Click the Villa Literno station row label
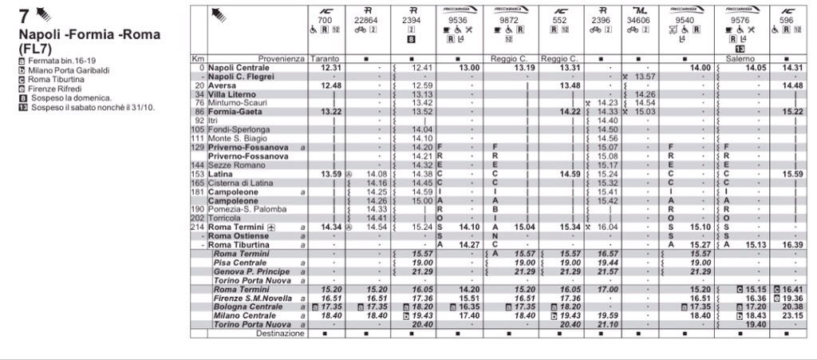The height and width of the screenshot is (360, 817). pos(231,94)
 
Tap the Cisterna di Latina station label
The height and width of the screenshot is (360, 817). pos(239,183)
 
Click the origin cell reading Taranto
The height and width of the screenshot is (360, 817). pos(325,59)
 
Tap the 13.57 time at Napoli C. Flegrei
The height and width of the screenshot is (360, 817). pos(645,77)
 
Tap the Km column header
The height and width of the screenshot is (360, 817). pos(198,59)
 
